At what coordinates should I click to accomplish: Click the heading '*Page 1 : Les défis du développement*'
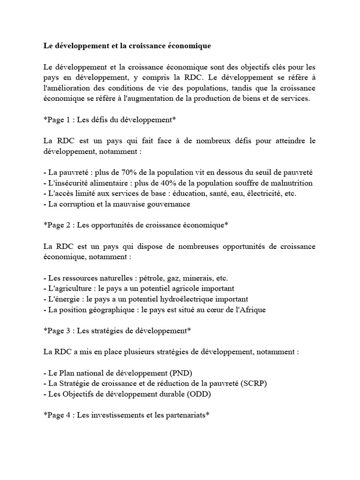click(x=110, y=120)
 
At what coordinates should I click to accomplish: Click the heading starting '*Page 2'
click(x=136, y=225)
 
